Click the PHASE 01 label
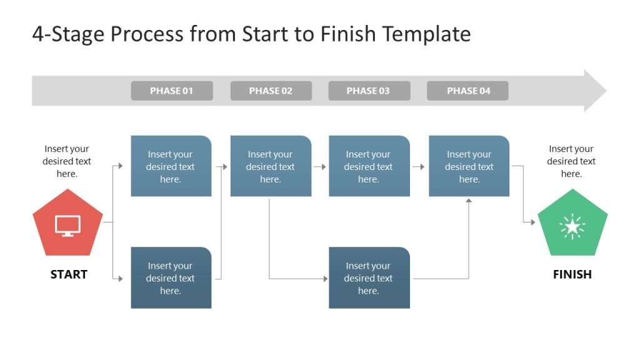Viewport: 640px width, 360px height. click(171, 91)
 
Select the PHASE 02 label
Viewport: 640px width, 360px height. click(271, 91)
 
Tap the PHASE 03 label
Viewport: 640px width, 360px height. click(369, 91)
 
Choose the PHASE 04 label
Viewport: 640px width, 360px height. click(467, 91)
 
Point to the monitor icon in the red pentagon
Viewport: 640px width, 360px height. click(67, 226)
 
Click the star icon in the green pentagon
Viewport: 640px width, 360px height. click(572, 227)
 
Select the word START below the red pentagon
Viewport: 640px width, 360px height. click(69, 274)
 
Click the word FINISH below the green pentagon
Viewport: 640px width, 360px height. click(572, 274)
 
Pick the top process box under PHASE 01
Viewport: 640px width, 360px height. click(171, 166)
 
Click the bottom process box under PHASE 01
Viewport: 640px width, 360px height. click(171, 278)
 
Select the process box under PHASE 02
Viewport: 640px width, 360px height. click(271, 166)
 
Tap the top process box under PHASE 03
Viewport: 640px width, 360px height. click(369, 166)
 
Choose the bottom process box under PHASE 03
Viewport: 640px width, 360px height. click(369, 278)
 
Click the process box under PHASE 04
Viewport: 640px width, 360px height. click(469, 166)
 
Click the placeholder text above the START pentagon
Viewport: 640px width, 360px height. click(67, 161)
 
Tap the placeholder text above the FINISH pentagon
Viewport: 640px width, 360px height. click(571, 161)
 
